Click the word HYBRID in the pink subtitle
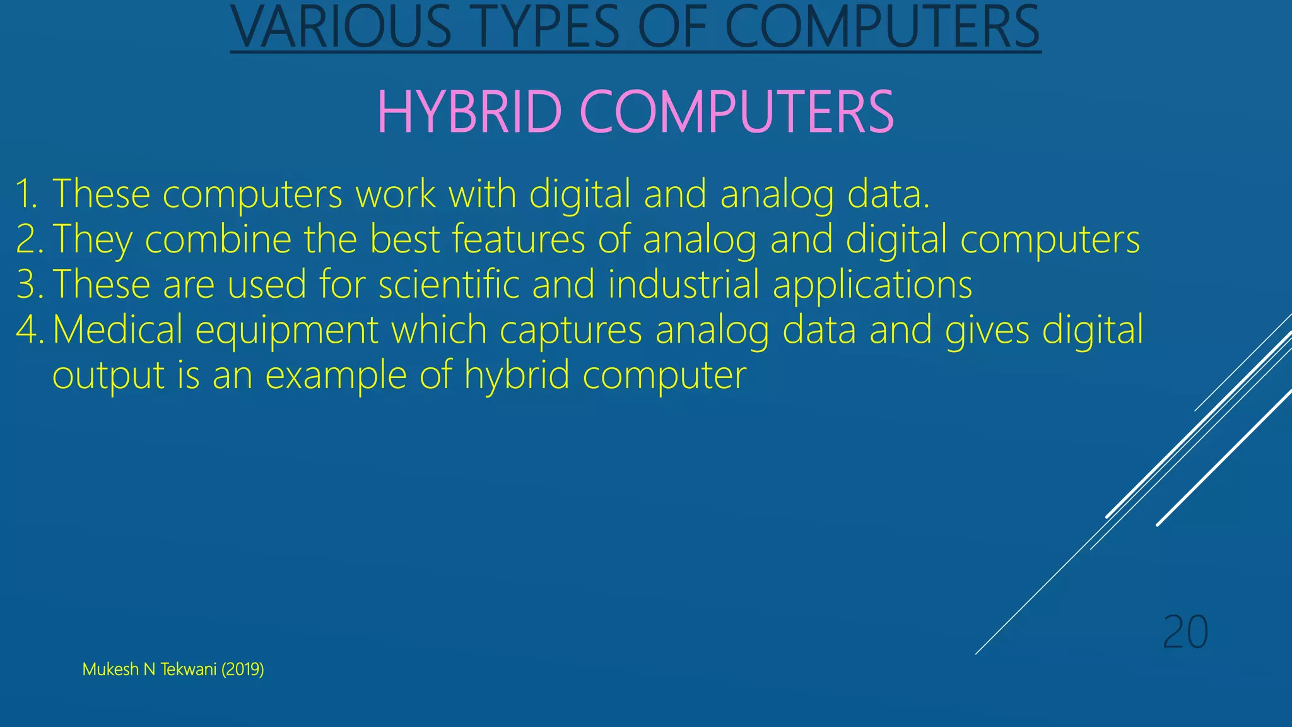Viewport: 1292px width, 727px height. tap(469, 112)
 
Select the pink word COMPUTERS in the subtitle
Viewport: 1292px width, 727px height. tap(736, 112)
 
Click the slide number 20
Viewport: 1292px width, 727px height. tap(1185, 632)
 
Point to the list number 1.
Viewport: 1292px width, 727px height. tap(26, 194)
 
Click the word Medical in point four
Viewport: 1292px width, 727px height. tap(117, 330)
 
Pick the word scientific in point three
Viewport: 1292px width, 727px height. tap(449, 285)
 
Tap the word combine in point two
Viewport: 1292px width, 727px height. tap(218, 239)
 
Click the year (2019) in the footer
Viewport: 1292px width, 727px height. tap(242, 670)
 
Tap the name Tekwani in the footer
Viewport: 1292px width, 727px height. tap(188, 670)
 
